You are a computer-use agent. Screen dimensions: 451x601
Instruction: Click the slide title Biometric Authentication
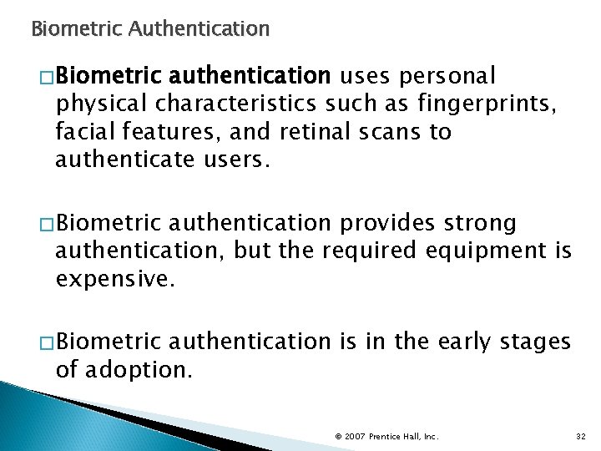pyautogui.click(x=150, y=31)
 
